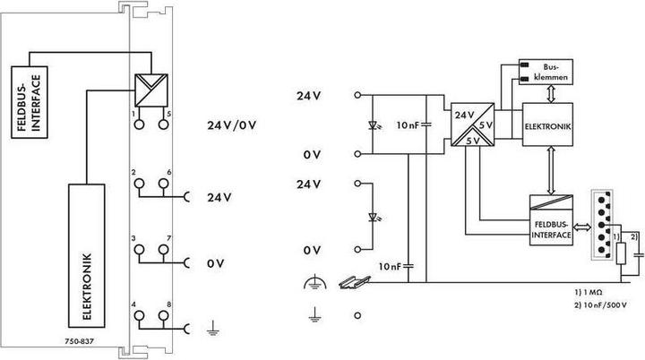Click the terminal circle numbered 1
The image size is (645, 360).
(139, 125)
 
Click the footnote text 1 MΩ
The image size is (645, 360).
(587, 293)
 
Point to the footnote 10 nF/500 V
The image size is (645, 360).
(601, 304)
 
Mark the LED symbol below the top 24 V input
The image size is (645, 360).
(372, 123)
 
